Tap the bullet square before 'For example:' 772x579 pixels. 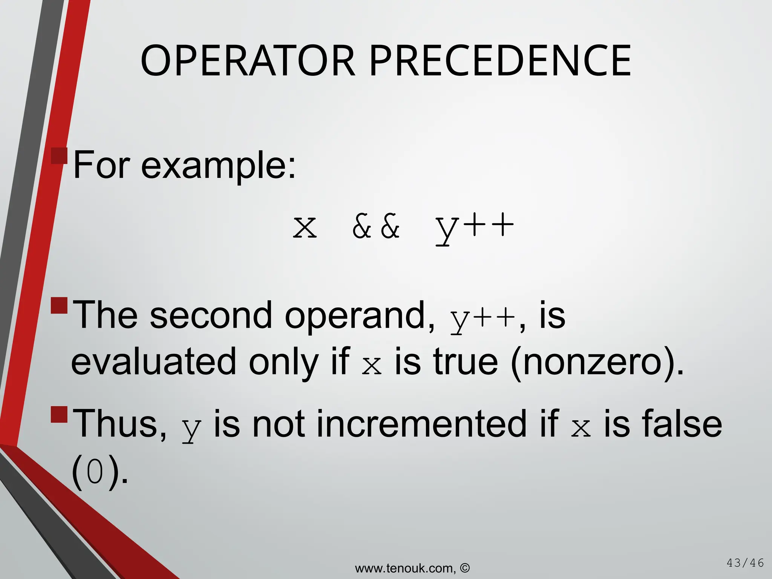[59, 156]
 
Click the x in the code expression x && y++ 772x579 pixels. [305, 227]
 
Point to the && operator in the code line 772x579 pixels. [376, 227]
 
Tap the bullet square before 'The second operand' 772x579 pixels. [59, 306]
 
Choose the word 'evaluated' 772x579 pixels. [153, 362]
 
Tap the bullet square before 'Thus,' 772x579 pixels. [59, 415]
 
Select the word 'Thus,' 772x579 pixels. [120, 424]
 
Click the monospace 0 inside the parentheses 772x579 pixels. [95, 473]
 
